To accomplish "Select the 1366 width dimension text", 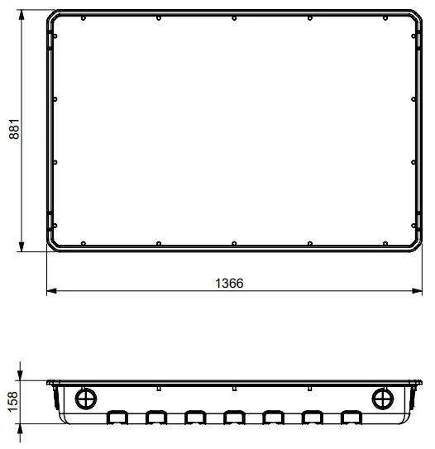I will pos(229,283).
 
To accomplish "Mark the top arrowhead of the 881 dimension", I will pos(23,14).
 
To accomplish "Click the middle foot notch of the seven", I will pos(234,417).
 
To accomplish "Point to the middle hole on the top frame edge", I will pos(235,17).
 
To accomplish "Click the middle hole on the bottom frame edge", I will pos(235,243).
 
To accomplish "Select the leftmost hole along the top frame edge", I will pos(86,17).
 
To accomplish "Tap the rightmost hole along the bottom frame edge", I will pos(384,243).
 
